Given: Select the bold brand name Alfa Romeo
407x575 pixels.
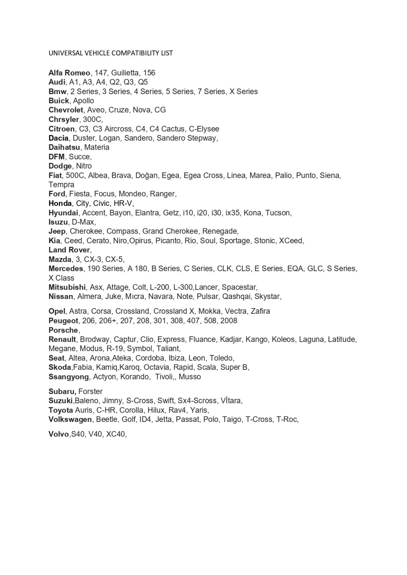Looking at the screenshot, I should (69, 73).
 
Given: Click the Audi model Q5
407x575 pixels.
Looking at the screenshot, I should (143, 82).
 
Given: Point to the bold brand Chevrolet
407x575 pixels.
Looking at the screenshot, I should (66, 110).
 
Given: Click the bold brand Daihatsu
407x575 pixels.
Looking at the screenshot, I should (64, 147).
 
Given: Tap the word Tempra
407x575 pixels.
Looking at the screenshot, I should (61, 185).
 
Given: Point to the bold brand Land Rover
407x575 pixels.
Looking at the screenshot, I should (69, 250).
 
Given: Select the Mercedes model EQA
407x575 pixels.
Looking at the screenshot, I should (295, 269).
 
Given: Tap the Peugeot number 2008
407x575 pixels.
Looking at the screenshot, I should (229, 321).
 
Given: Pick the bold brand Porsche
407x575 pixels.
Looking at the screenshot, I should (63, 330).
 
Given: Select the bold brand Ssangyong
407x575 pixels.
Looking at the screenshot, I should (68, 377).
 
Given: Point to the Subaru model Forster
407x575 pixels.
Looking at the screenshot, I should (90, 392).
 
